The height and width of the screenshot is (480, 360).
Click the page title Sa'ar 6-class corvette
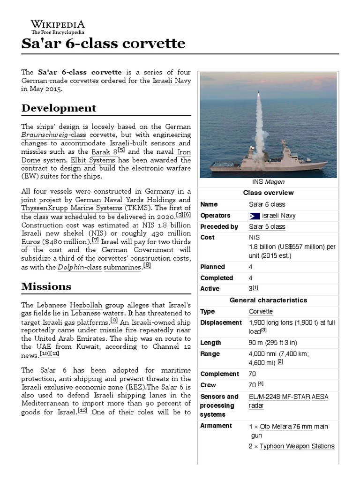click(x=103, y=44)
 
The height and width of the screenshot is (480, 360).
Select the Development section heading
click(x=59, y=108)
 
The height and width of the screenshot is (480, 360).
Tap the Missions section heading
click(x=46, y=286)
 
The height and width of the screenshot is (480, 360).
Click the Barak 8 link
click(x=104, y=151)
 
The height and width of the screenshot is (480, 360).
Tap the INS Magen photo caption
click(x=269, y=182)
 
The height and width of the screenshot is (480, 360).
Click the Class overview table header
click(x=269, y=193)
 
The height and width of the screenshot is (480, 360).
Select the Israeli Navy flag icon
click(x=254, y=216)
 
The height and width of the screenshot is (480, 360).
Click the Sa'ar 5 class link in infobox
click(x=267, y=227)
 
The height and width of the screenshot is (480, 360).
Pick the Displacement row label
click(x=221, y=323)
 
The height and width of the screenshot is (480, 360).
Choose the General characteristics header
click(x=269, y=300)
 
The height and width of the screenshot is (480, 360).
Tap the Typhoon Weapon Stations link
click(x=297, y=446)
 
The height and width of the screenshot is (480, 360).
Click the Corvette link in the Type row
click(x=261, y=312)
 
